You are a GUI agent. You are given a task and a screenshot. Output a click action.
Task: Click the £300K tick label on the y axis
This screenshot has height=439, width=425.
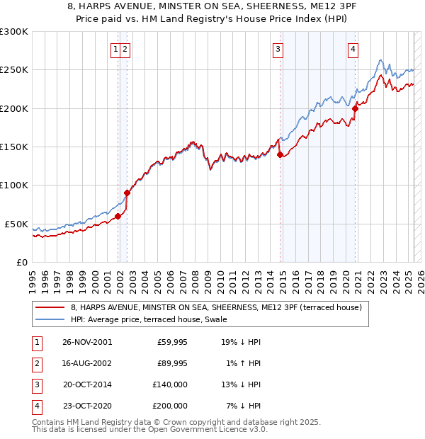(14, 32)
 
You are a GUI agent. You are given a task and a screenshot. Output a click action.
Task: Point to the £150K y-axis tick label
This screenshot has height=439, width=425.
(14, 147)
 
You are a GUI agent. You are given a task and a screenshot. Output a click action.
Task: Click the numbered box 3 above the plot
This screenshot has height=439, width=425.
(278, 49)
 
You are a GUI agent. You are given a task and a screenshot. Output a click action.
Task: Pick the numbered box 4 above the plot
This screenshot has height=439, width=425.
(352, 49)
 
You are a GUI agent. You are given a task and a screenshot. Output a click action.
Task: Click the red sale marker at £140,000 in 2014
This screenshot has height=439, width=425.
(280, 154)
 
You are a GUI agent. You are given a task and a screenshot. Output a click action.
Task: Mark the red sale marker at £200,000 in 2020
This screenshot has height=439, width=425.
(356, 108)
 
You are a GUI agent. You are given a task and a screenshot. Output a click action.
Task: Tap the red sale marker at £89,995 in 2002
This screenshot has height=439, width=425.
(127, 193)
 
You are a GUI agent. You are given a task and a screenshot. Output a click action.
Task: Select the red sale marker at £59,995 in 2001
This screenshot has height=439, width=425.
(118, 216)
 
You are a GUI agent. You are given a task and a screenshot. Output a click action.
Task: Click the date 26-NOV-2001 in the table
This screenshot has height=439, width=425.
(87, 342)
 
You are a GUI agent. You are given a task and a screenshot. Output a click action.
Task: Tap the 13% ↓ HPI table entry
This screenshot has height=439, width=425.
(241, 384)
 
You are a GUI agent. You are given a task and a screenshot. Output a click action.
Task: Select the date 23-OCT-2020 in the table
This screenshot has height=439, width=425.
(87, 406)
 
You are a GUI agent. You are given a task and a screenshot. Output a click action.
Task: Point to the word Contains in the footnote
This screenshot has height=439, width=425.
(49, 422)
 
